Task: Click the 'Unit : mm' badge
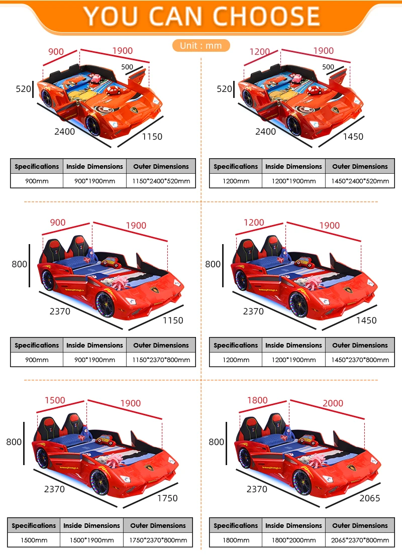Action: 201,45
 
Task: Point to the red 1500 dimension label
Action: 55,400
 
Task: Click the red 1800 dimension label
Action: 257,400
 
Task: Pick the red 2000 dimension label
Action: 333,403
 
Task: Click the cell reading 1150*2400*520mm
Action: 161,181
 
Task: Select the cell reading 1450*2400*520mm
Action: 360,181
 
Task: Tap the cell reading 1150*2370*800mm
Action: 161,360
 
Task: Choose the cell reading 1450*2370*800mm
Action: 360,360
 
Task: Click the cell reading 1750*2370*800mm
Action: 158,540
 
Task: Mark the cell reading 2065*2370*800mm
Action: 360,540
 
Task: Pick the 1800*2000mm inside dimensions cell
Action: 293,540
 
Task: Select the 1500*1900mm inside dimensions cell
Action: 91,540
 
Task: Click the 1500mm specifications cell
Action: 34,540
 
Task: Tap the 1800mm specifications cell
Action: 235,540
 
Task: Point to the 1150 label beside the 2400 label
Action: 152,136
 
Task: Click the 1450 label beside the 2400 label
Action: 353,136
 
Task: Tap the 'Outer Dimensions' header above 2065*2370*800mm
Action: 360,525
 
